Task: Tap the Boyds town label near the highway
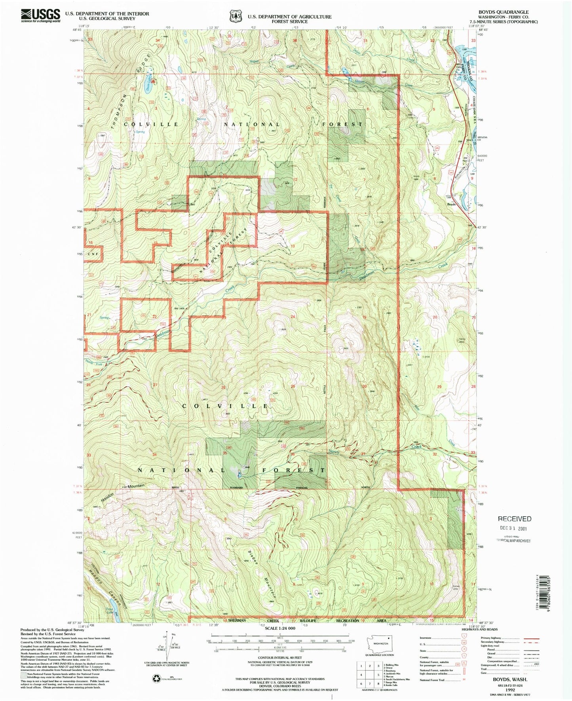[x=452, y=205]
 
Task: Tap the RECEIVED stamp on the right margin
[x=514, y=519]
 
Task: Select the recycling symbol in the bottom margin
[x=156, y=678]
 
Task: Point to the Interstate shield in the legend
[x=464, y=638]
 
